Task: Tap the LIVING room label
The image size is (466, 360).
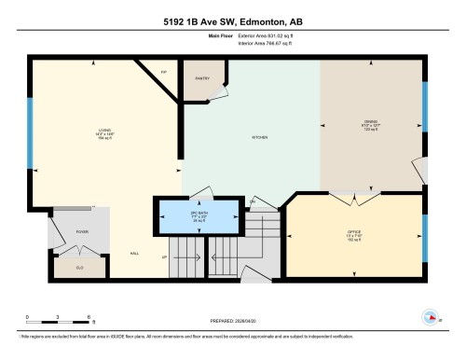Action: (104, 130)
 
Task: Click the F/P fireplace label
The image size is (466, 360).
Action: (164, 71)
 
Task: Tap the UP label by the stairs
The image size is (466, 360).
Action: (164, 256)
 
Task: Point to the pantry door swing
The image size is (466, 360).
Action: (217, 92)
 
